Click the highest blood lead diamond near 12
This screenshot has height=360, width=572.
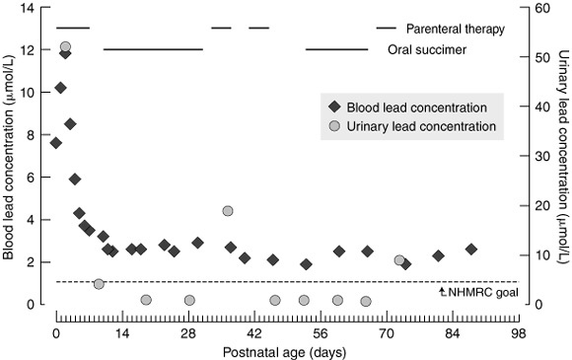(x=65, y=54)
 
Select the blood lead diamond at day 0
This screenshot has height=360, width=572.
(x=56, y=143)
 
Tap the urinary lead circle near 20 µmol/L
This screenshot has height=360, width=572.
(x=228, y=211)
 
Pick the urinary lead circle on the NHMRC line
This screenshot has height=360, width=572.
(x=99, y=284)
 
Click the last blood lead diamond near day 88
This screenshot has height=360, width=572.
(x=471, y=250)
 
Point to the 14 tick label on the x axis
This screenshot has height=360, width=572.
(x=122, y=333)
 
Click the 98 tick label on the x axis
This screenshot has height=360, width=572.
(x=519, y=333)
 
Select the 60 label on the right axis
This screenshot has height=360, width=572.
(x=543, y=8)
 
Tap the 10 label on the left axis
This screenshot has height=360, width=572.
(x=28, y=93)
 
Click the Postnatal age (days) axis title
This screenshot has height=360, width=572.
(x=285, y=352)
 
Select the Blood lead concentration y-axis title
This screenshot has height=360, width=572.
(x=8, y=157)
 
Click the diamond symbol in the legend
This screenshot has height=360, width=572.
(x=334, y=108)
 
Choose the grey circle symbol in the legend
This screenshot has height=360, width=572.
(x=334, y=126)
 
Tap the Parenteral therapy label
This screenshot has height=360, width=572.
(x=456, y=29)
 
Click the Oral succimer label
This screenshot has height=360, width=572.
(x=427, y=49)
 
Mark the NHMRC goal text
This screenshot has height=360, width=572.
(x=483, y=292)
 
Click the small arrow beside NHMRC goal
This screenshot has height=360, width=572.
(x=443, y=291)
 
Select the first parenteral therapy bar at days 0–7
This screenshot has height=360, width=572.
(x=73, y=28)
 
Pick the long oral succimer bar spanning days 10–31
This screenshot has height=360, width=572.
(x=153, y=49)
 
